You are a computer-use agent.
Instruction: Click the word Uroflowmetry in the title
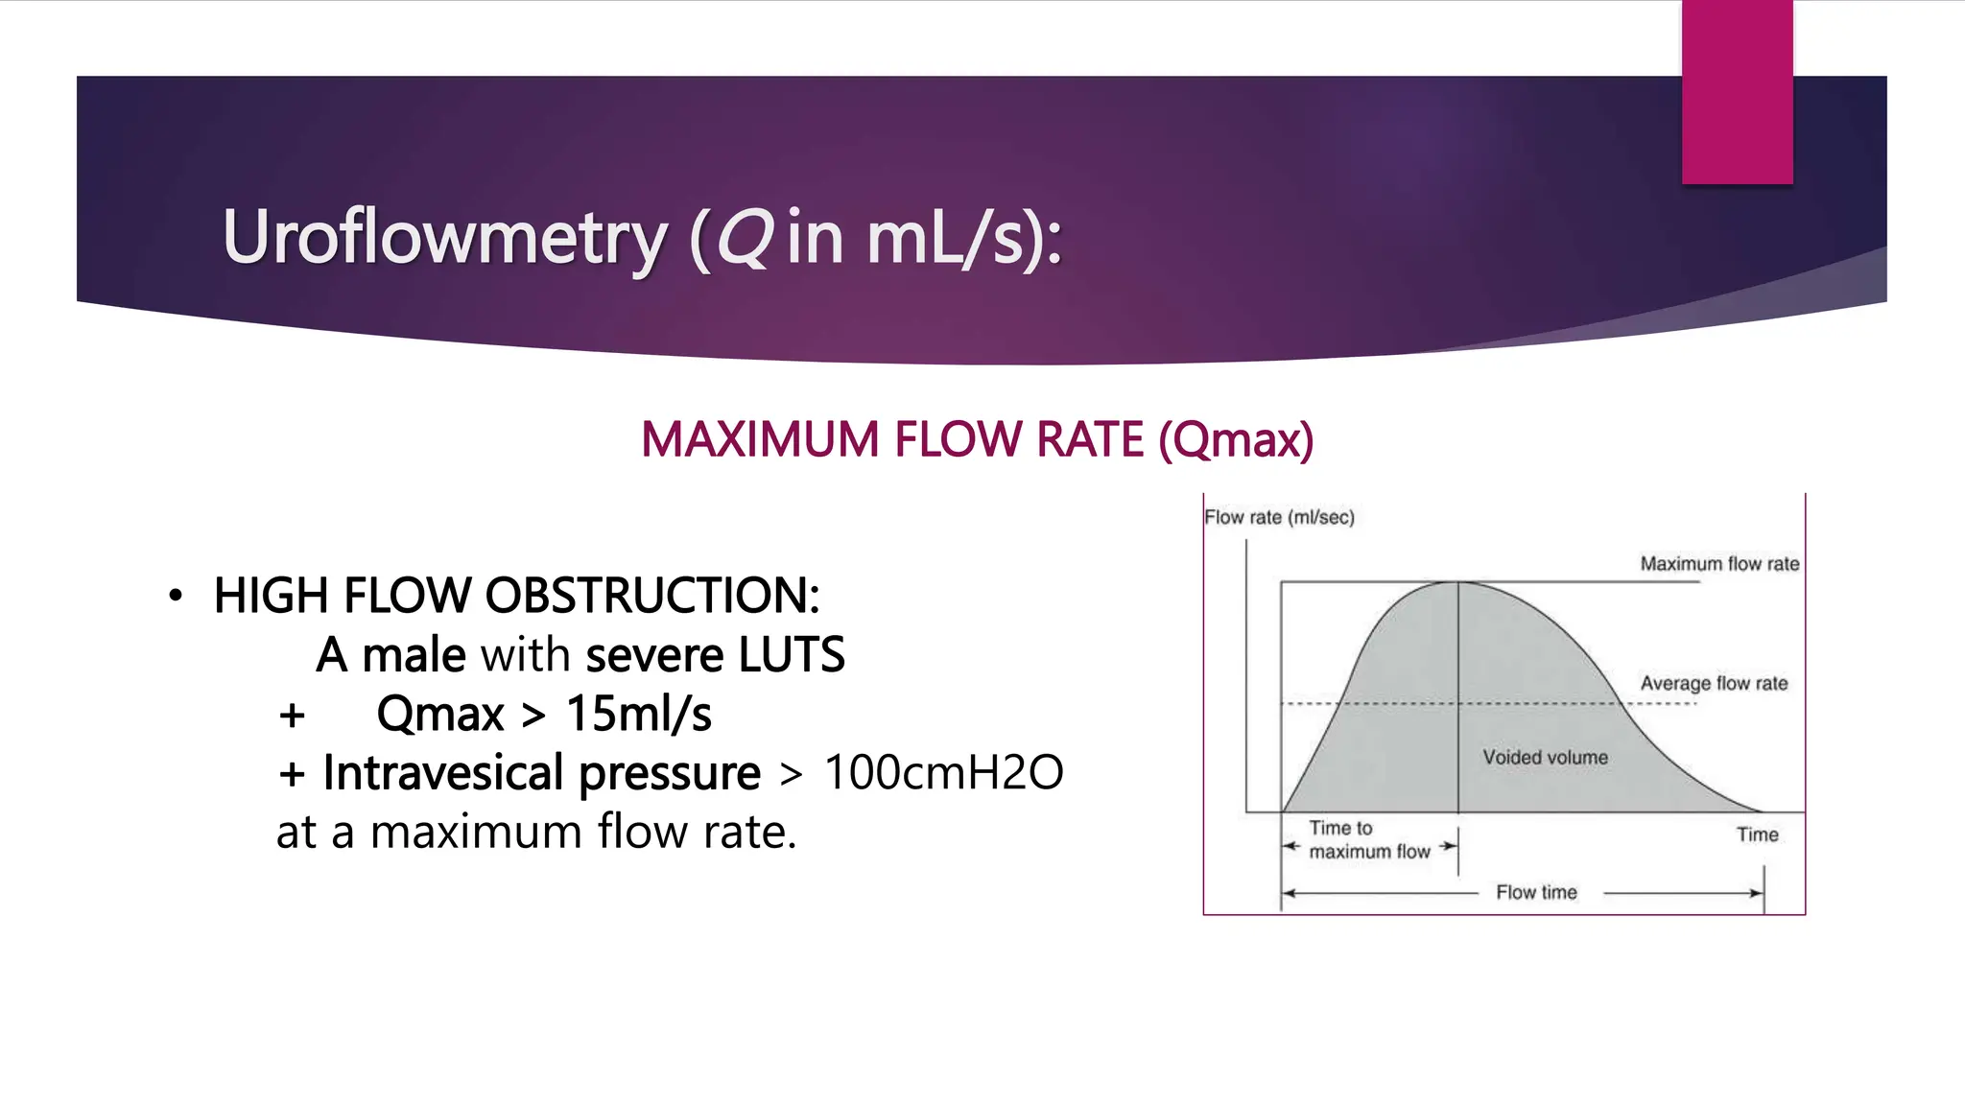point(444,237)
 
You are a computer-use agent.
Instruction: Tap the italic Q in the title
point(744,237)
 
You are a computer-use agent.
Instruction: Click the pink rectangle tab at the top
point(1737,92)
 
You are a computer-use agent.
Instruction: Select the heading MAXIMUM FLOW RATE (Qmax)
point(977,439)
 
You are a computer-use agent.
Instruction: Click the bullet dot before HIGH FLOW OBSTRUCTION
point(175,596)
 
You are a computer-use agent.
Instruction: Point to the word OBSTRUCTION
point(652,596)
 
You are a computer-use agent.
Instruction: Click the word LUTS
point(792,655)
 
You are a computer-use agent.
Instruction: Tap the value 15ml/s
point(639,714)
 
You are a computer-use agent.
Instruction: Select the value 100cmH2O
point(943,773)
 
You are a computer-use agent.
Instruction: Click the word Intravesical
point(445,773)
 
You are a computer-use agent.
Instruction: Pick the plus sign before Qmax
point(292,716)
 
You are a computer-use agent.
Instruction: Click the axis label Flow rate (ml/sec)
point(1279,518)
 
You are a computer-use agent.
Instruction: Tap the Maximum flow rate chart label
point(1719,564)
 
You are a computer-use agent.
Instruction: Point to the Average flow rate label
point(1714,683)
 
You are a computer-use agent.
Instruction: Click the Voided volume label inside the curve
point(1545,758)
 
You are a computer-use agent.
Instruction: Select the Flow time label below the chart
point(1536,893)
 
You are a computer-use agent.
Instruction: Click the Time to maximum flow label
point(1368,839)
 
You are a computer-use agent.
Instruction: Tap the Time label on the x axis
point(1757,835)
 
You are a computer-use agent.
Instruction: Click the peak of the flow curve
point(1458,582)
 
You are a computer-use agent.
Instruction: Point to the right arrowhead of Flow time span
point(1757,893)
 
